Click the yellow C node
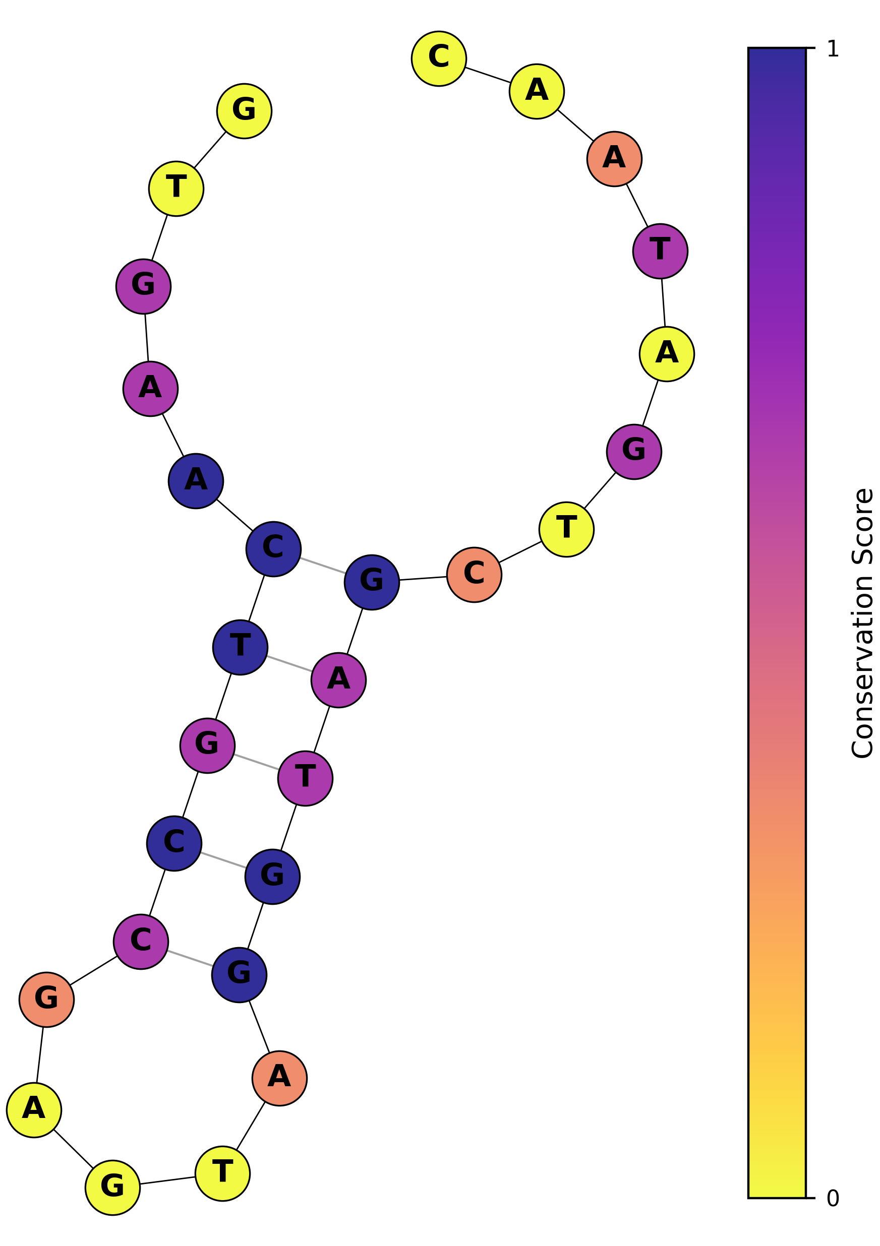[439, 58]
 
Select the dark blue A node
[196, 481]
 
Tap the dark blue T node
[240, 647]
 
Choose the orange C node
[474, 575]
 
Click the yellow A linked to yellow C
[537, 91]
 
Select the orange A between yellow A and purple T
[614, 159]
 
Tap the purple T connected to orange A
[660, 251]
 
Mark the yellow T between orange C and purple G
[566, 529]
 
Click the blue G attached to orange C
[371, 582]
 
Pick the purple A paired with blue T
[338, 680]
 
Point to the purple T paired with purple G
[305, 778]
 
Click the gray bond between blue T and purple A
[289, 664]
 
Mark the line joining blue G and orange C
[423, 579]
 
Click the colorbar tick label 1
[832, 49]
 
